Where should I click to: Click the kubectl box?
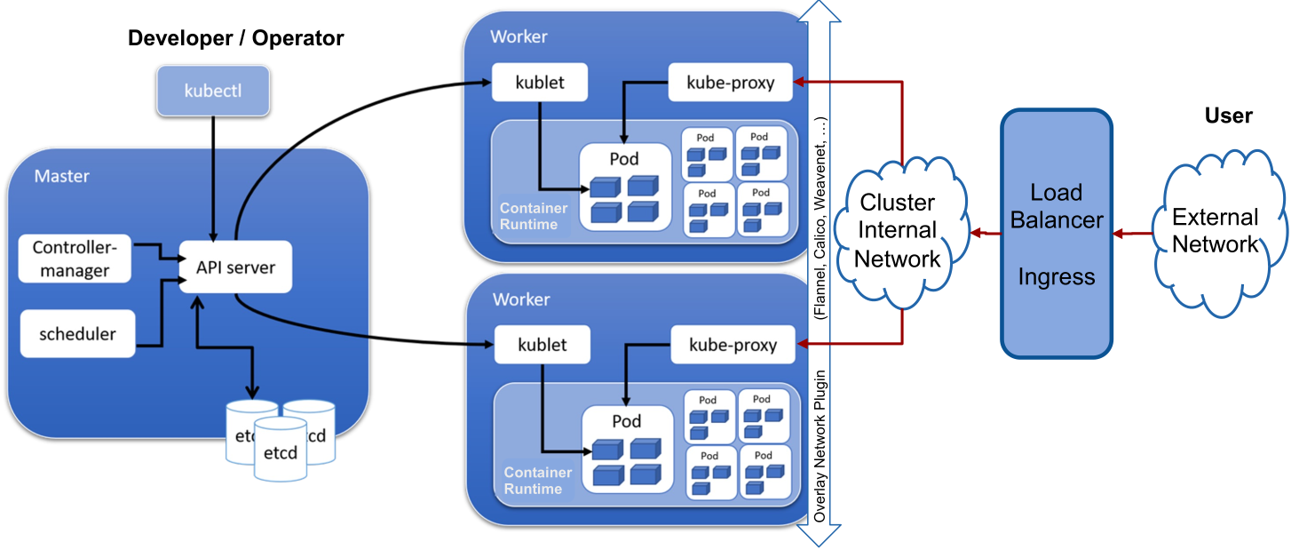point(213,90)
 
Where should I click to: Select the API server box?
point(235,267)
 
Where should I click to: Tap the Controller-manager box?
point(75,259)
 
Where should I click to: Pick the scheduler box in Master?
point(77,334)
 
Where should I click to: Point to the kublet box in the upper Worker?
point(540,84)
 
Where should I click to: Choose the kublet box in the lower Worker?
point(542,345)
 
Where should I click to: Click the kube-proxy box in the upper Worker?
point(731,84)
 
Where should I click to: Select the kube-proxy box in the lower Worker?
point(733,345)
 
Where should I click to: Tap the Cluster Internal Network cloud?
point(898,231)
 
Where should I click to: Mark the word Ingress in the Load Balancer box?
point(1057,276)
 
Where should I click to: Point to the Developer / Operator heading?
point(235,38)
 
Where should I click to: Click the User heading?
point(1228,116)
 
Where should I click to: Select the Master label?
point(61,176)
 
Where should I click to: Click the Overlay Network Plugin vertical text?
point(821,444)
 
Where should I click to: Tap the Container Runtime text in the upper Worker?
point(532,217)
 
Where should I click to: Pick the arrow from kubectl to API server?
point(213,178)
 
